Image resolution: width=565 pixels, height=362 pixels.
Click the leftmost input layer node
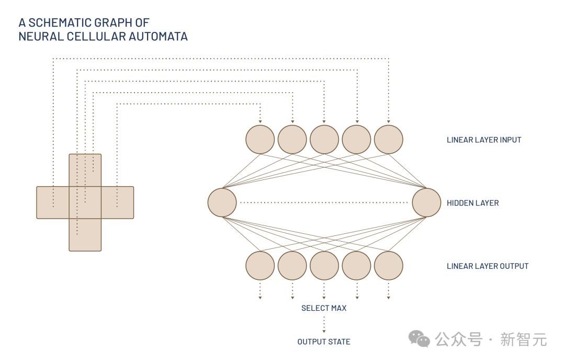[260, 140]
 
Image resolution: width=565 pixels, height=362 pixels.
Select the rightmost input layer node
[389, 140]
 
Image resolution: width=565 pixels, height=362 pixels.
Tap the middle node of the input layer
[324, 140]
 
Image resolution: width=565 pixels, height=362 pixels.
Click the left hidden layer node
[222, 202]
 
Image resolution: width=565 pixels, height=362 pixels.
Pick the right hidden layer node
[426, 202]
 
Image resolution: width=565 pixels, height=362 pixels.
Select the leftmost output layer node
[260, 265]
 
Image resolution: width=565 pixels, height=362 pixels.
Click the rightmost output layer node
[389, 265]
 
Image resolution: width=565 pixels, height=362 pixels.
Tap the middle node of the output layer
[324, 265]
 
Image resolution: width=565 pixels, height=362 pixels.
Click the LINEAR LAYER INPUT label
[484, 140]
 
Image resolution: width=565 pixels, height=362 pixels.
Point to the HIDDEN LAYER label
[472, 203]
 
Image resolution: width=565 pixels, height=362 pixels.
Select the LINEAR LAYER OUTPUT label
[488, 266]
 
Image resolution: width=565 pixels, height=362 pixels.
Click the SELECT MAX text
[324, 308]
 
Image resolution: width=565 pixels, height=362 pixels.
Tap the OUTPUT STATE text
[324, 342]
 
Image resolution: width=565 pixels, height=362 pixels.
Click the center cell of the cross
[85, 202]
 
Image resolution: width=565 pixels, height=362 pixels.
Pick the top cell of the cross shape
[85, 170]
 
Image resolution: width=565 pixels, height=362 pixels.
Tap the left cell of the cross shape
[52, 202]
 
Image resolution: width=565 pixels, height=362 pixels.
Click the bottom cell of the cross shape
[85, 235]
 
